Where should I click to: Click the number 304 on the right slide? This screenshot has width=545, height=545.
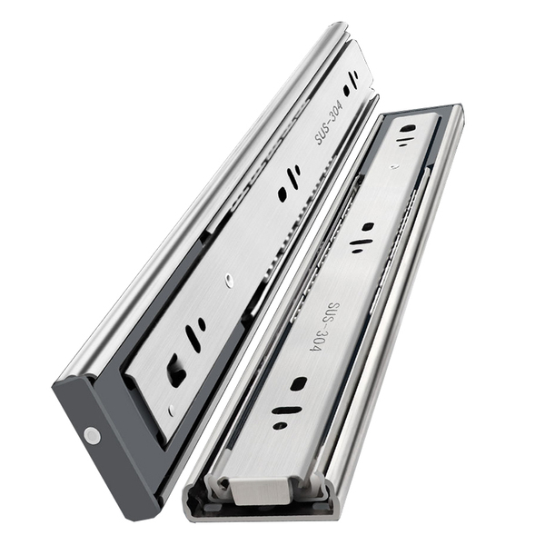pos(316,342)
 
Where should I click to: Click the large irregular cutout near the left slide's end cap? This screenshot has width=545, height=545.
pos(176,371)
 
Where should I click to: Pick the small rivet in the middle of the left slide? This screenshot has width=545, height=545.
pos(228,280)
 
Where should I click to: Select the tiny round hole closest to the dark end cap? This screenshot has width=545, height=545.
pos(171,411)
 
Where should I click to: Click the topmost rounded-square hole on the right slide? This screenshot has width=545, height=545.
pos(408,129)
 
